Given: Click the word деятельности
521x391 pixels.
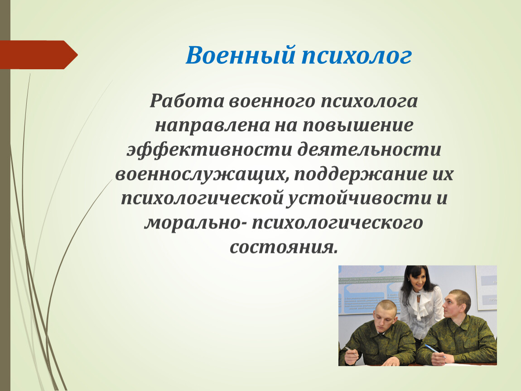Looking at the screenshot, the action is (x=369, y=150).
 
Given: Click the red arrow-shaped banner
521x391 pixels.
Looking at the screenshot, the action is (x=39, y=55).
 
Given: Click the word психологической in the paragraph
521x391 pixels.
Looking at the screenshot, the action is (x=202, y=199).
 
